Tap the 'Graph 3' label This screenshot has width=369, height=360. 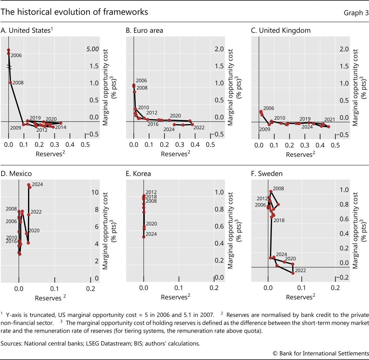[356, 13]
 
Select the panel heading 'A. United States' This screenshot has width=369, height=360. [27, 30]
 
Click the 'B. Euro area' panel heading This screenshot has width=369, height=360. [145, 30]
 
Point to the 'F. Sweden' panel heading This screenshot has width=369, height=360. [267, 174]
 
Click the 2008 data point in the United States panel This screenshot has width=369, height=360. [10, 83]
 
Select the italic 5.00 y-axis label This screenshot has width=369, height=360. [93, 49]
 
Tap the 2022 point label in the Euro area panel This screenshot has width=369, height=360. [199, 127]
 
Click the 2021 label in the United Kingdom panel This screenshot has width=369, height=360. [329, 119]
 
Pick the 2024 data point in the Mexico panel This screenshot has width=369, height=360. [29, 185]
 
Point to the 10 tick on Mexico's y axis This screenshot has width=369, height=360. [95, 192]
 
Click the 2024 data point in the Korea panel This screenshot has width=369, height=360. [144, 237]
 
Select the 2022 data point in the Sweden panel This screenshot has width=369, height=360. [293, 273]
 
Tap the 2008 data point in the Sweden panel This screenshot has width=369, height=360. [271, 191]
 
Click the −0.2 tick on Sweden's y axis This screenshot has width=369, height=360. [344, 277]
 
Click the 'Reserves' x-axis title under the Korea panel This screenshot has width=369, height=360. [174, 297]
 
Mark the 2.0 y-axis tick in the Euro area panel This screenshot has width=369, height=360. [219, 49]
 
